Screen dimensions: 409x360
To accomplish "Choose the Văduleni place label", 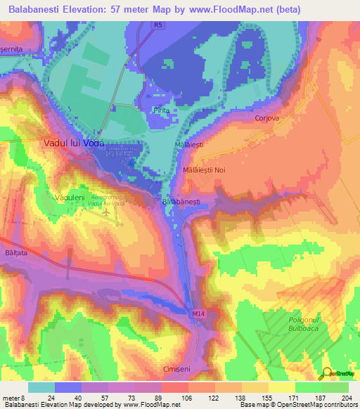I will tap(70, 198).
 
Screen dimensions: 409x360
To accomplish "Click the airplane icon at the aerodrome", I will tap(106, 212).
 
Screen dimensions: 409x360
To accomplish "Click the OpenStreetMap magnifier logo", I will tap(328, 373).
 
